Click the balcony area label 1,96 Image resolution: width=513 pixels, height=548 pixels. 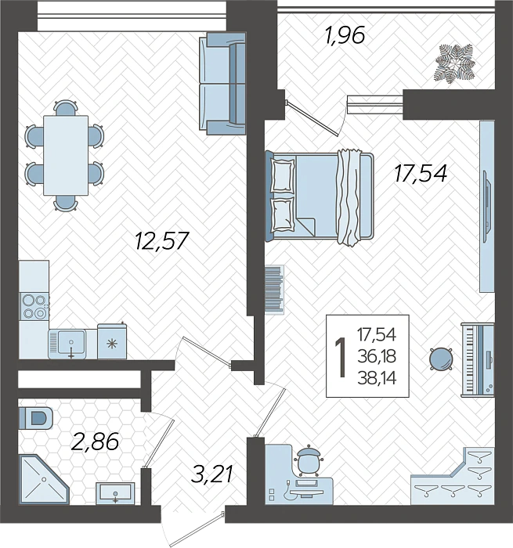click(345, 36)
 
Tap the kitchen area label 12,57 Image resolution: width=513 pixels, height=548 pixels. click(161, 240)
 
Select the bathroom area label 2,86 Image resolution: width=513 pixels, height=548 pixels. click(95, 442)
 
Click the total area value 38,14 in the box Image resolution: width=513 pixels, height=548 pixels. click(376, 377)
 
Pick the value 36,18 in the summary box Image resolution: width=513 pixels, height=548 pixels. click(376, 356)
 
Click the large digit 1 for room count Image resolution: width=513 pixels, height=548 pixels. click(340, 356)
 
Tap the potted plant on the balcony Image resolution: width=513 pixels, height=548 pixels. click(456, 62)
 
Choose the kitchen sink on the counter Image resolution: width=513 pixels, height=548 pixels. click(71, 343)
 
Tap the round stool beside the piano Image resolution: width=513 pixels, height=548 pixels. click(441, 359)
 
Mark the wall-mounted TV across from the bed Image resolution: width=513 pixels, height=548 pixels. click(486, 204)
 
